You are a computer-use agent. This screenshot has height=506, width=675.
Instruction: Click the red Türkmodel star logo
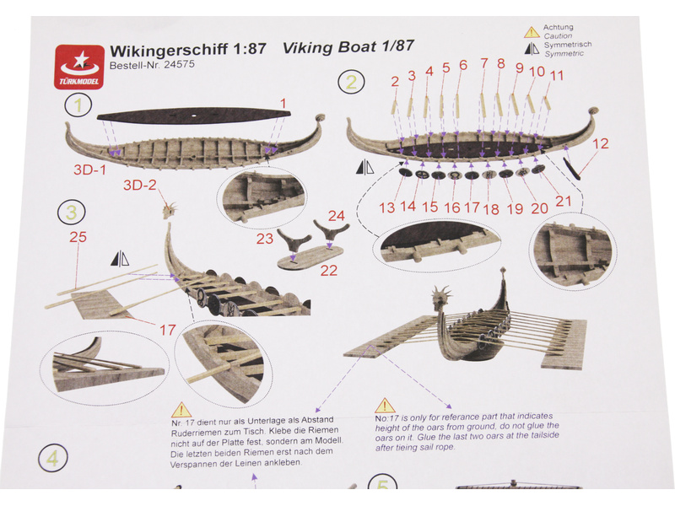[78, 65]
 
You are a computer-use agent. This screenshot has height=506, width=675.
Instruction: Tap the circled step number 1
[78, 105]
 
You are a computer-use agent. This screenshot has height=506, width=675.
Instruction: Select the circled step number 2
[351, 82]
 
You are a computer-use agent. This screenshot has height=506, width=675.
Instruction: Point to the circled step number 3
[72, 212]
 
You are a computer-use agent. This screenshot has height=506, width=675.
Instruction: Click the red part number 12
[600, 143]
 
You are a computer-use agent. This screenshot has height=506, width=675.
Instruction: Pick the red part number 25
[78, 238]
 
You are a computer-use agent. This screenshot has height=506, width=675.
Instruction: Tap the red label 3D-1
[88, 168]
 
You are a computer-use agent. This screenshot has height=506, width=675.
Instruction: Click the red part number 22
[328, 271]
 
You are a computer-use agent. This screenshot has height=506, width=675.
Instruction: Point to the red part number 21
[563, 201]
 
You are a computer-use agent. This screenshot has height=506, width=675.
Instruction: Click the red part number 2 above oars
[394, 81]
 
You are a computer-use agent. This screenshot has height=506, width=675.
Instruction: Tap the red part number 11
[557, 75]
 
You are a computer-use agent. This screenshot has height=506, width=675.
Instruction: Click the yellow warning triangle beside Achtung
[531, 32]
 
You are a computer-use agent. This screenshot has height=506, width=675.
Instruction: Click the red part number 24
[337, 215]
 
